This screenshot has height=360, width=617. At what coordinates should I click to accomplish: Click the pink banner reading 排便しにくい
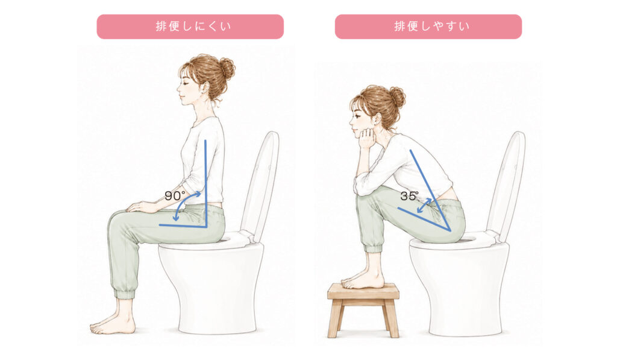click(x=190, y=27)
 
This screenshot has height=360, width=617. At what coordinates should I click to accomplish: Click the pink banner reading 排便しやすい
click(x=428, y=27)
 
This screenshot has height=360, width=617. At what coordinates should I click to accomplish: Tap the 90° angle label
click(x=175, y=196)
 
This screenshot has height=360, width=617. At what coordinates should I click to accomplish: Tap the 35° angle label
click(x=410, y=196)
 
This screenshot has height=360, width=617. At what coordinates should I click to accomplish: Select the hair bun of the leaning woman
click(x=396, y=97)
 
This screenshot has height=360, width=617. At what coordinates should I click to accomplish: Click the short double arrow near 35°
click(x=424, y=206)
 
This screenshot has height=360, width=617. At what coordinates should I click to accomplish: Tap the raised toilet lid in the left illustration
click(x=261, y=185)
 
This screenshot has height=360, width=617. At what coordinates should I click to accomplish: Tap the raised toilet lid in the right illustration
click(x=507, y=185)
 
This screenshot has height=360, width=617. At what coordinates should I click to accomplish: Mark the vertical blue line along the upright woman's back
click(x=205, y=183)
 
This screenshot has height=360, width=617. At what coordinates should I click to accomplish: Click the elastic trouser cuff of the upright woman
click(x=124, y=294)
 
